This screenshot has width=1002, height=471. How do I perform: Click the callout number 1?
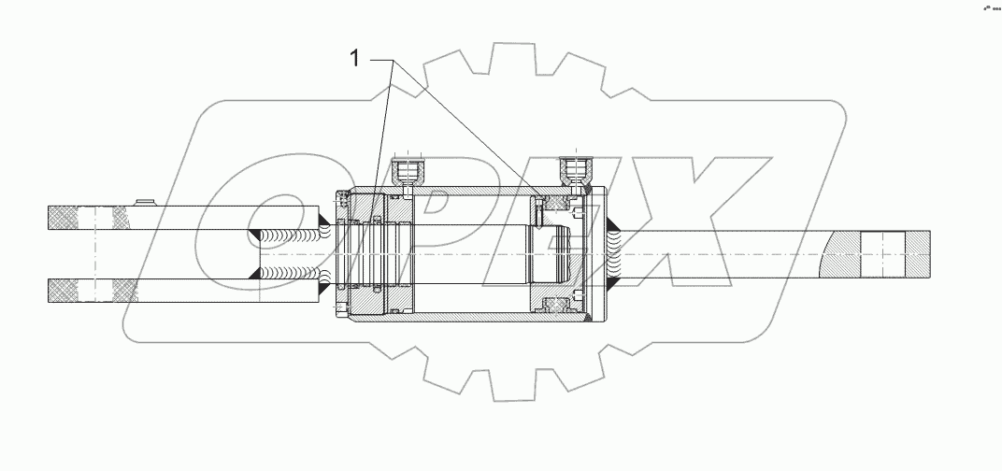(354, 60)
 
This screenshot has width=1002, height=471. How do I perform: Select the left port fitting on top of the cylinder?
(408, 169)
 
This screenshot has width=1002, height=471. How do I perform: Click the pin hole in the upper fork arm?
(93, 218)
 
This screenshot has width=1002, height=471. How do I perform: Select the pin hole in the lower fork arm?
(93, 291)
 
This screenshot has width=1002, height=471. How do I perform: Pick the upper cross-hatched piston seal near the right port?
(559, 201)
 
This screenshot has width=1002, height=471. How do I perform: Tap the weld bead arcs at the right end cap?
(615, 252)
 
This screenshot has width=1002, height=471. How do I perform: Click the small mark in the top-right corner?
(988, 8)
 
